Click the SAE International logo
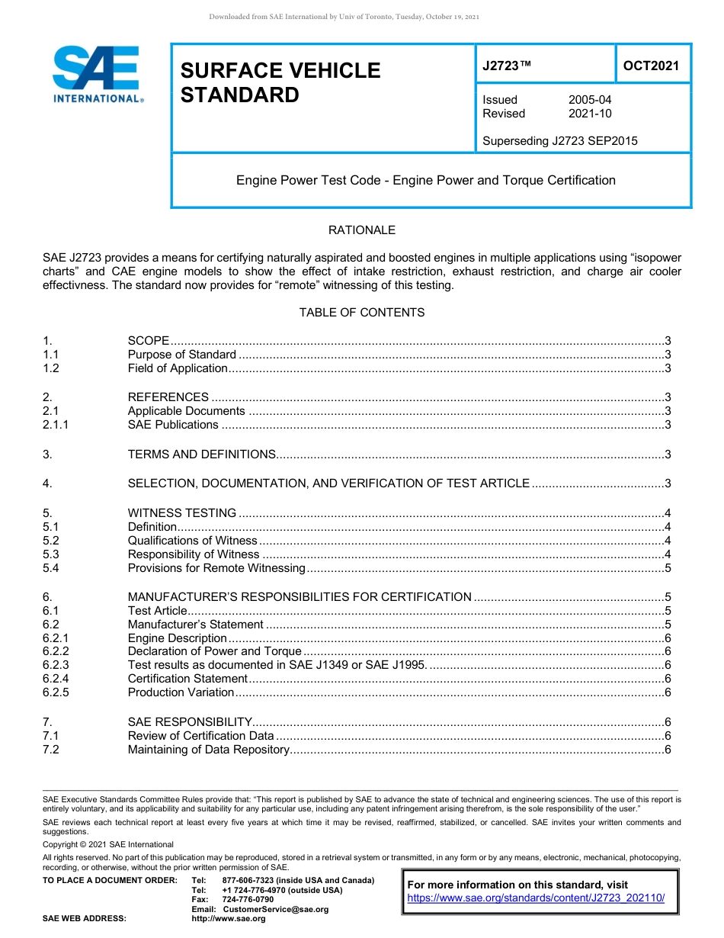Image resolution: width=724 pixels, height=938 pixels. click(97, 74)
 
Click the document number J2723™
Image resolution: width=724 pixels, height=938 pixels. click(506, 66)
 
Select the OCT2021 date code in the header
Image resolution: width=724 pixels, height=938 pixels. click(651, 66)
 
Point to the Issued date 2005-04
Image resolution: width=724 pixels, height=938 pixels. click(589, 100)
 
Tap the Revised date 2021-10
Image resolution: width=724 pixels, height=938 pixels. click(589, 114)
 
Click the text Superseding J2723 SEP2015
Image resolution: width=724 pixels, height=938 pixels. click(560, 140)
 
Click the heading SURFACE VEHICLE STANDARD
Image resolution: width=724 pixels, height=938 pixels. click(280, 82)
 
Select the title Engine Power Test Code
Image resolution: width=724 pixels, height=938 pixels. click(425, 181)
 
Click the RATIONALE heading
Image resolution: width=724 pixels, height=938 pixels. click(361, 230)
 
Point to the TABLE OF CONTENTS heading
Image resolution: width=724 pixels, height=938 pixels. click(361, 313)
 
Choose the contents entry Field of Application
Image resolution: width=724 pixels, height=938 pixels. click(178, 368)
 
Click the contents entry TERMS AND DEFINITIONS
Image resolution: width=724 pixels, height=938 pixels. click(201, 455)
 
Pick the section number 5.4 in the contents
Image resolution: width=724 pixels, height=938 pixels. click(51, 568)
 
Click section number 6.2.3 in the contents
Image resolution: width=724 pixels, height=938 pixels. click(56, 665)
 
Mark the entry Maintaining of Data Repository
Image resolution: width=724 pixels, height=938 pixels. click(208, 750)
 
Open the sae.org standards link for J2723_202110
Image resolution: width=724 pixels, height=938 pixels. click(536, 898)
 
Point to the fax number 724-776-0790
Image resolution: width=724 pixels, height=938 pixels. click(248, 900)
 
